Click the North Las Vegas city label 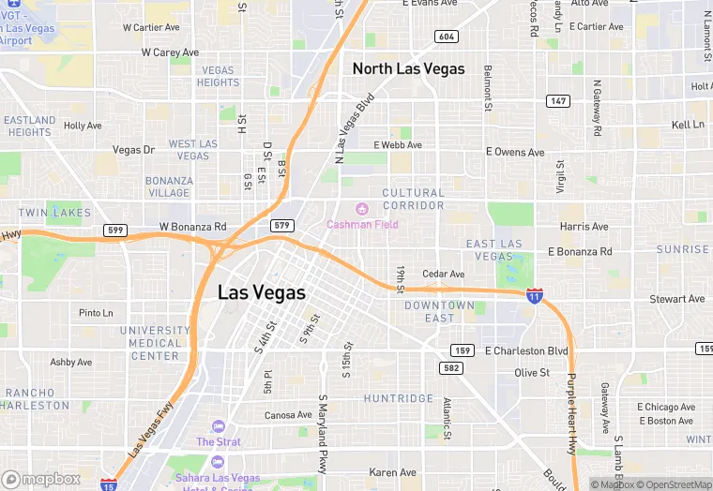tap(407, 68)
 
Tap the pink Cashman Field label tap(362, 224)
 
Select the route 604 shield tap(447, 36)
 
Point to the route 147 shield tap(558, 100)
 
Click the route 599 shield tap(114, 231)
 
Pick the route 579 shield tap(281, 226)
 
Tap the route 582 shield tap(452, 368)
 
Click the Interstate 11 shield tap(534, 295)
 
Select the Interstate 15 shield tap(108, 484)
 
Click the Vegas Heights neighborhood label tap(218, 76)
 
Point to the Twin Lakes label tap(54, 213)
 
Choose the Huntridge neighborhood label tap(399, 398)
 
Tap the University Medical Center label tap(155, 343)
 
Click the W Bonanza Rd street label tap(193, 227)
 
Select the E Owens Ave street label tap(515, 152)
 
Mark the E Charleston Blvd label tap(527, 350)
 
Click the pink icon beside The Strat tap(219, 426)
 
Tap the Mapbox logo tap(41, 479)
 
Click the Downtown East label tap(440, 311)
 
